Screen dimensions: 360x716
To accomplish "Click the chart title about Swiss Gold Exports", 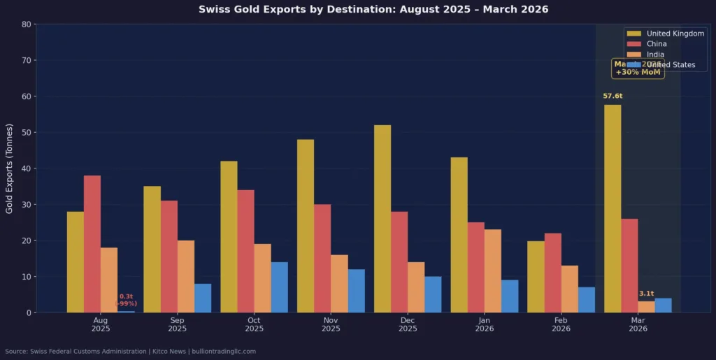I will (373, 10).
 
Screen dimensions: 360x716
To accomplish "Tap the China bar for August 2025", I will (92, 244).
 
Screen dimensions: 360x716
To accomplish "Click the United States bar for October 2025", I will (280, 287).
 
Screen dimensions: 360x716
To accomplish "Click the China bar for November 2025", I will (322, 258).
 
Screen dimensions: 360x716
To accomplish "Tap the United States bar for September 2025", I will (203, 298).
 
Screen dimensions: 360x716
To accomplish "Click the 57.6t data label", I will (613, 96).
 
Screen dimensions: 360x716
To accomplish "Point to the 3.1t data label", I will (646, 294).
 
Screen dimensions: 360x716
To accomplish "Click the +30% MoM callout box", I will (638, 68).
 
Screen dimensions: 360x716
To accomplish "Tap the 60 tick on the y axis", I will (27, 96).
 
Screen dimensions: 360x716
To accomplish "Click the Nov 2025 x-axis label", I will (331, 324).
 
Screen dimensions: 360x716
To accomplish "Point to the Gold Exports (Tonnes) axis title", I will (9, 168).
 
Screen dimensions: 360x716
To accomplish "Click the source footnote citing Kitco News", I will (130, 351).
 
